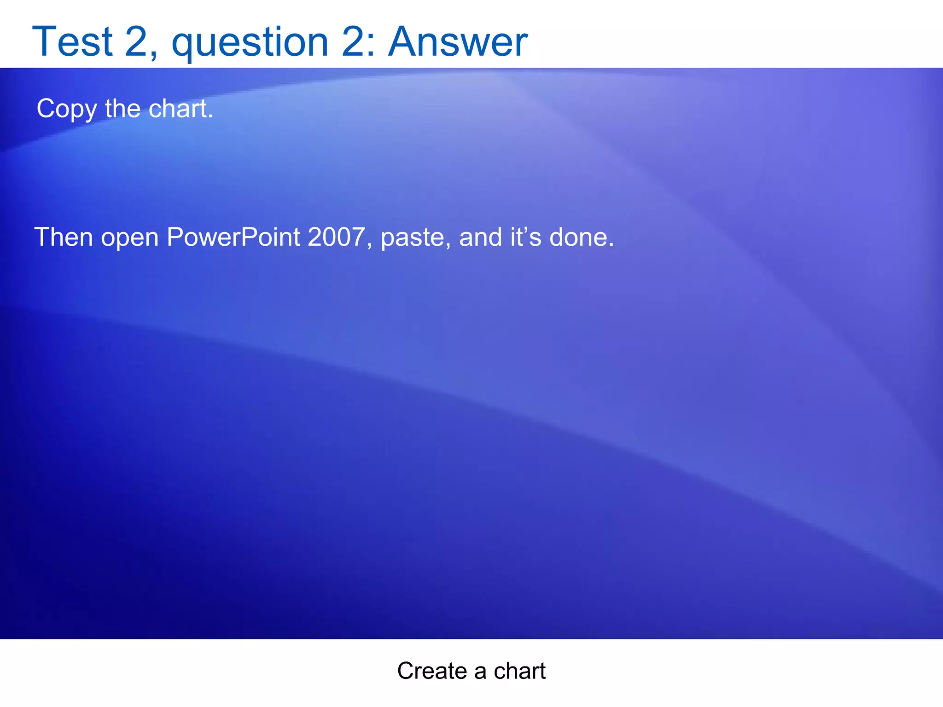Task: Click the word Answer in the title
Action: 458,42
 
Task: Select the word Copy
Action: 67,109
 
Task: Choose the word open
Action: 129,238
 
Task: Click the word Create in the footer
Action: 432,671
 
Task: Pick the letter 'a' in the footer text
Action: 480,672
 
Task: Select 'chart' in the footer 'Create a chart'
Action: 519,671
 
